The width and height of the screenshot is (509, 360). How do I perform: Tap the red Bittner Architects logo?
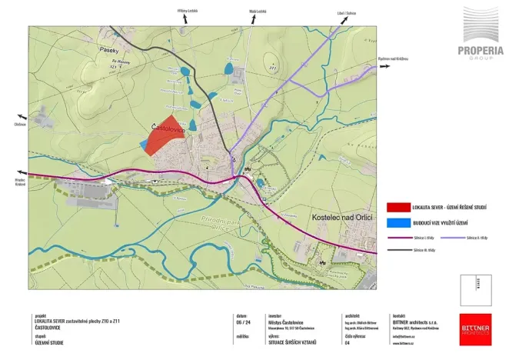coord(474,328)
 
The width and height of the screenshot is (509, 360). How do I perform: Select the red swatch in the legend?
coord(398,207)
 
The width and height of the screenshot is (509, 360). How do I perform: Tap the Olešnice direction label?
coord(20,124)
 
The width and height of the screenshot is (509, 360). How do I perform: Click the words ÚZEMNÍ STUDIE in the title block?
coord(51,342)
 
